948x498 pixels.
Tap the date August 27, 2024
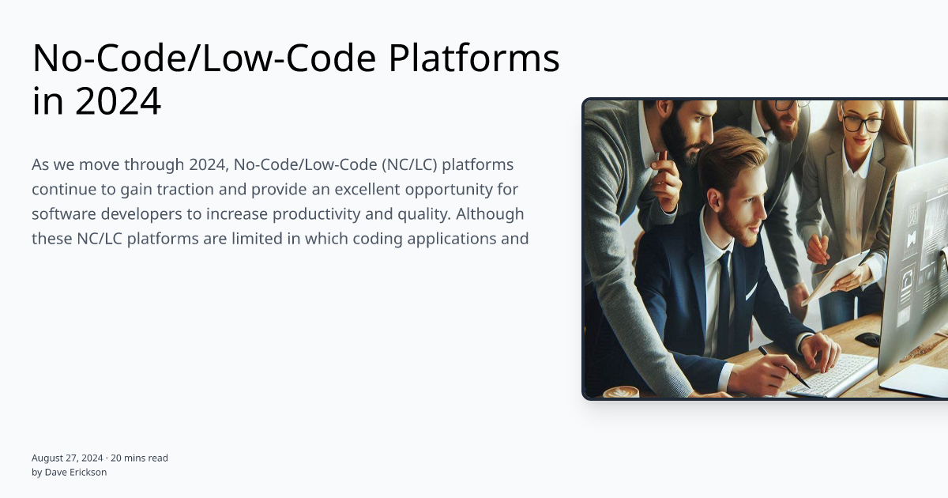tap(67, 458)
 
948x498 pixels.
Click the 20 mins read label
tap(139, 458)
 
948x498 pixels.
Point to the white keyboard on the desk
tap(833, 374)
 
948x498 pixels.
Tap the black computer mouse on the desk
tap(867, 338)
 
